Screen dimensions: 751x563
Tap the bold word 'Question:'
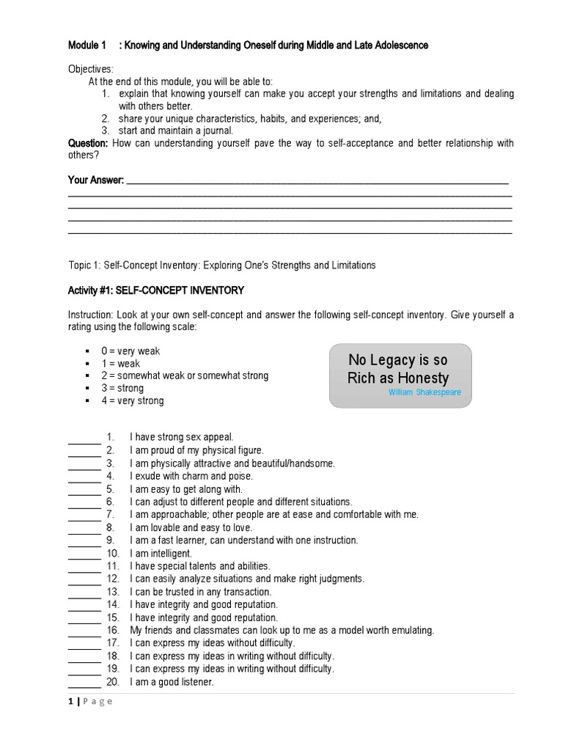pos(88,143)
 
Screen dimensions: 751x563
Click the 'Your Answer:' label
pos(96,180)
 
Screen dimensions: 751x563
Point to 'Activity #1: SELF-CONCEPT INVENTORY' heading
pos(155,290)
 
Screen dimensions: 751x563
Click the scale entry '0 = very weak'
pos(130,351)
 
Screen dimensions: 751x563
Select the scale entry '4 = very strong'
pos(133,400)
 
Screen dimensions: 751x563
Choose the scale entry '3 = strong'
pos(122,388)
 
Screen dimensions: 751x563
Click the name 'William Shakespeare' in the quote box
pos(425,392)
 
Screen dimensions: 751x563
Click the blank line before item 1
pos(84,441)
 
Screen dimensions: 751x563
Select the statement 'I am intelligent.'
pos(161,553)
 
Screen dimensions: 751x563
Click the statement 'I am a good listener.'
pos(172,682)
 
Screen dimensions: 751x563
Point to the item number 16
pos(112,630)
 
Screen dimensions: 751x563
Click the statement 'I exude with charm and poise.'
pos(191,476)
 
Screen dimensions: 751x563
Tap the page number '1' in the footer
pos(70,702)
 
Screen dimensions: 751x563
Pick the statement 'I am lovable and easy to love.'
pos(191,527)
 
